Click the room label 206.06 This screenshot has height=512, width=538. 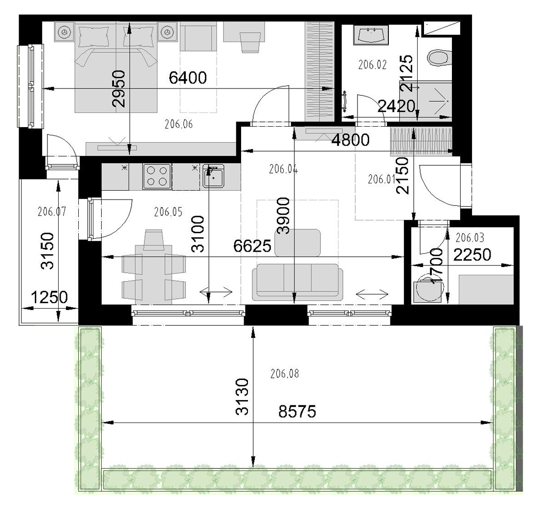179,124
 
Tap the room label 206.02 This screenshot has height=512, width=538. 372,65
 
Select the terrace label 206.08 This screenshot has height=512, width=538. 285,373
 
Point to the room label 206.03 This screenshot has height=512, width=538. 470,238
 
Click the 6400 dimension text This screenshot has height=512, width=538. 188,78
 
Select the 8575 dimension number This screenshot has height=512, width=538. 297,411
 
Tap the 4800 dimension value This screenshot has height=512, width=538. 350,140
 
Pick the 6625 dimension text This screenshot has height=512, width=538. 252,245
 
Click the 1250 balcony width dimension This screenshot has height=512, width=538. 49,297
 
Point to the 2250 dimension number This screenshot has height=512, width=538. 472,255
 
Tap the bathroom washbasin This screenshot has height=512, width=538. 371,35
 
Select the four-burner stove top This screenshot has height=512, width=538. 157,176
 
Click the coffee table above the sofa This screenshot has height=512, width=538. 297,243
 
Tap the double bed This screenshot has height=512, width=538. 116,67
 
